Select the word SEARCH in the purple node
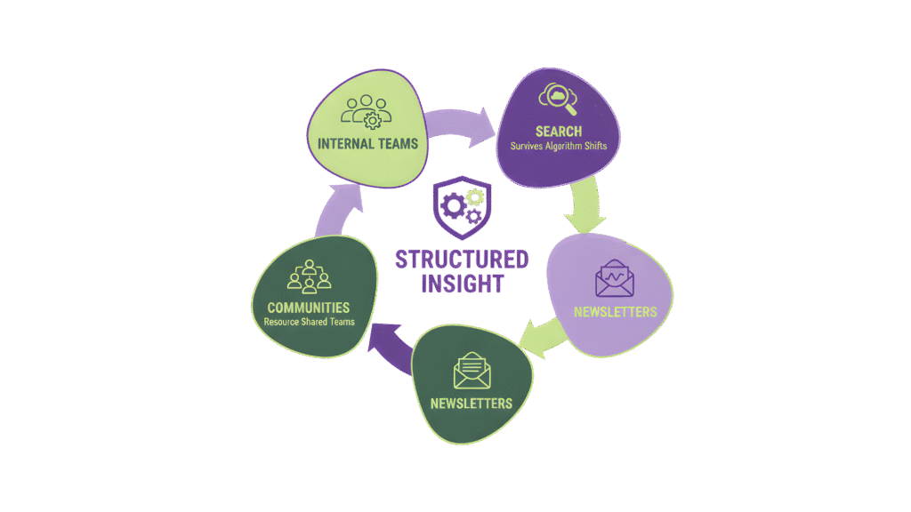pos(559,132)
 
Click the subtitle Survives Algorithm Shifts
pos(559,146)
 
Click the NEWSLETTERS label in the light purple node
pos(615,312)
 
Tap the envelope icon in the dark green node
pos(472,371)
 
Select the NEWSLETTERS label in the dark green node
pos(472,404)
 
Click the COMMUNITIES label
pos(310,308)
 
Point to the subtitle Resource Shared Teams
pos(310,322)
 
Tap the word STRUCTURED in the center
pos(462,260)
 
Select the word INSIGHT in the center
pos(462,284)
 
